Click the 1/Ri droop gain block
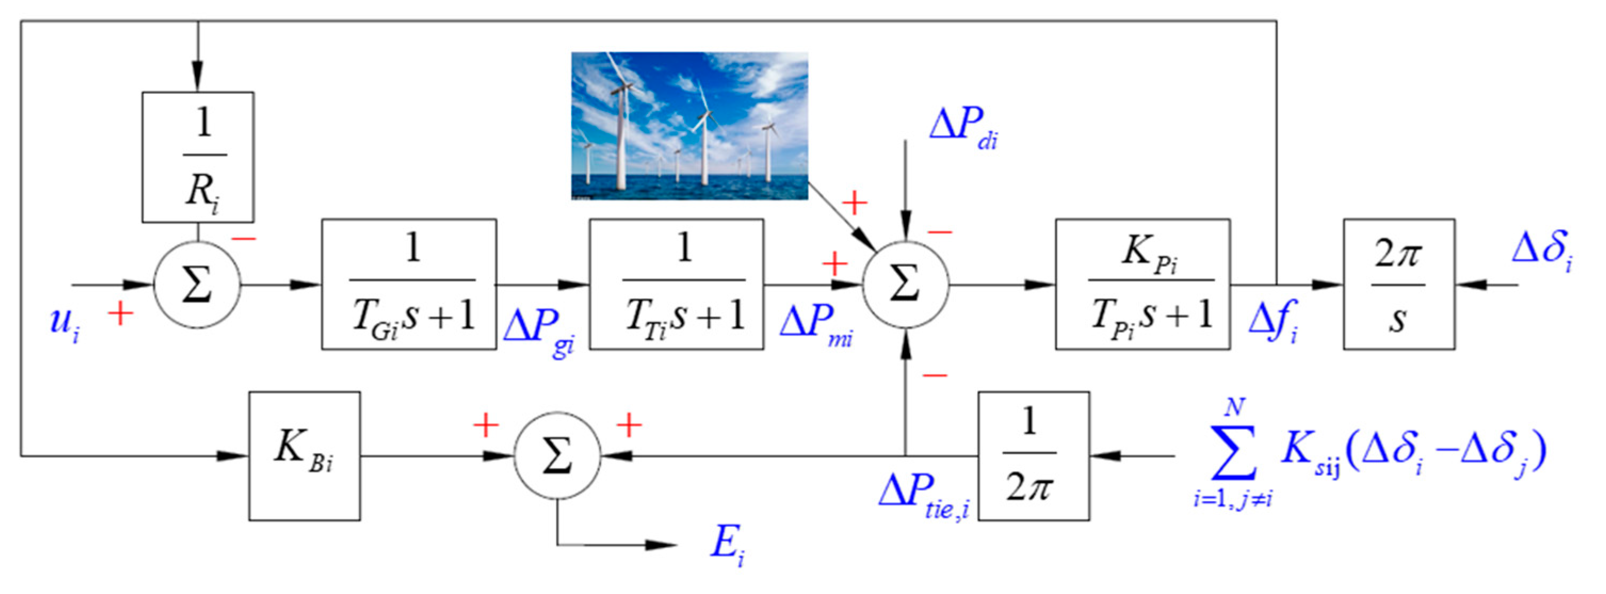(198, 157)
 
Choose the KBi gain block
(304, 455)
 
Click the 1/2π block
(1033, 455)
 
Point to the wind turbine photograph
(690, 126)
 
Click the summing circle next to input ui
(197, 285)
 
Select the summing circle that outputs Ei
(557, 455)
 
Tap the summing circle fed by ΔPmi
(905, 285)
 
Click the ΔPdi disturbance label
(963, 128)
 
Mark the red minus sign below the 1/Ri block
(244, 239)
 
